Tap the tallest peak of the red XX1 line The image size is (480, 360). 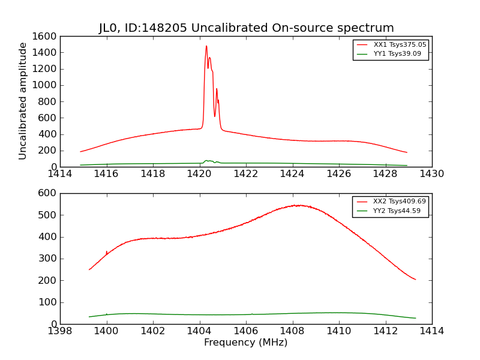point(206,46)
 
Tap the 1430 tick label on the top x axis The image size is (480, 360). point(432,174)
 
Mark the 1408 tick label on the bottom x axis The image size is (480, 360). point(293,331)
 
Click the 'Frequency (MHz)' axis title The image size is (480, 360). point(246,343)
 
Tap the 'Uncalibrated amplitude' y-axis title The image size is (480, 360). point(23,101)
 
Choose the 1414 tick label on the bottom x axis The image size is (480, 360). point(432,331)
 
